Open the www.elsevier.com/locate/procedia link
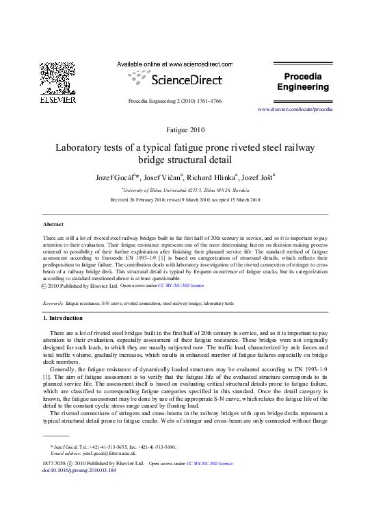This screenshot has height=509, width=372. pyautogui.click(x=295, y=110)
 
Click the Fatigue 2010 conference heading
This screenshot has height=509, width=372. pyautogui.click(x=185, y=129)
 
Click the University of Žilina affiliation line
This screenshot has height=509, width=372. pyautogui.click(x=185, y=190)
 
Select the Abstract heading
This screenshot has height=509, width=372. pyautogui.click(x=53, y=224)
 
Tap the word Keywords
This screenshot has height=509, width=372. pyautogui.click(x=53, y=302)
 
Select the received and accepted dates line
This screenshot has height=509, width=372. pyautogui.click(x=185, y=200)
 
